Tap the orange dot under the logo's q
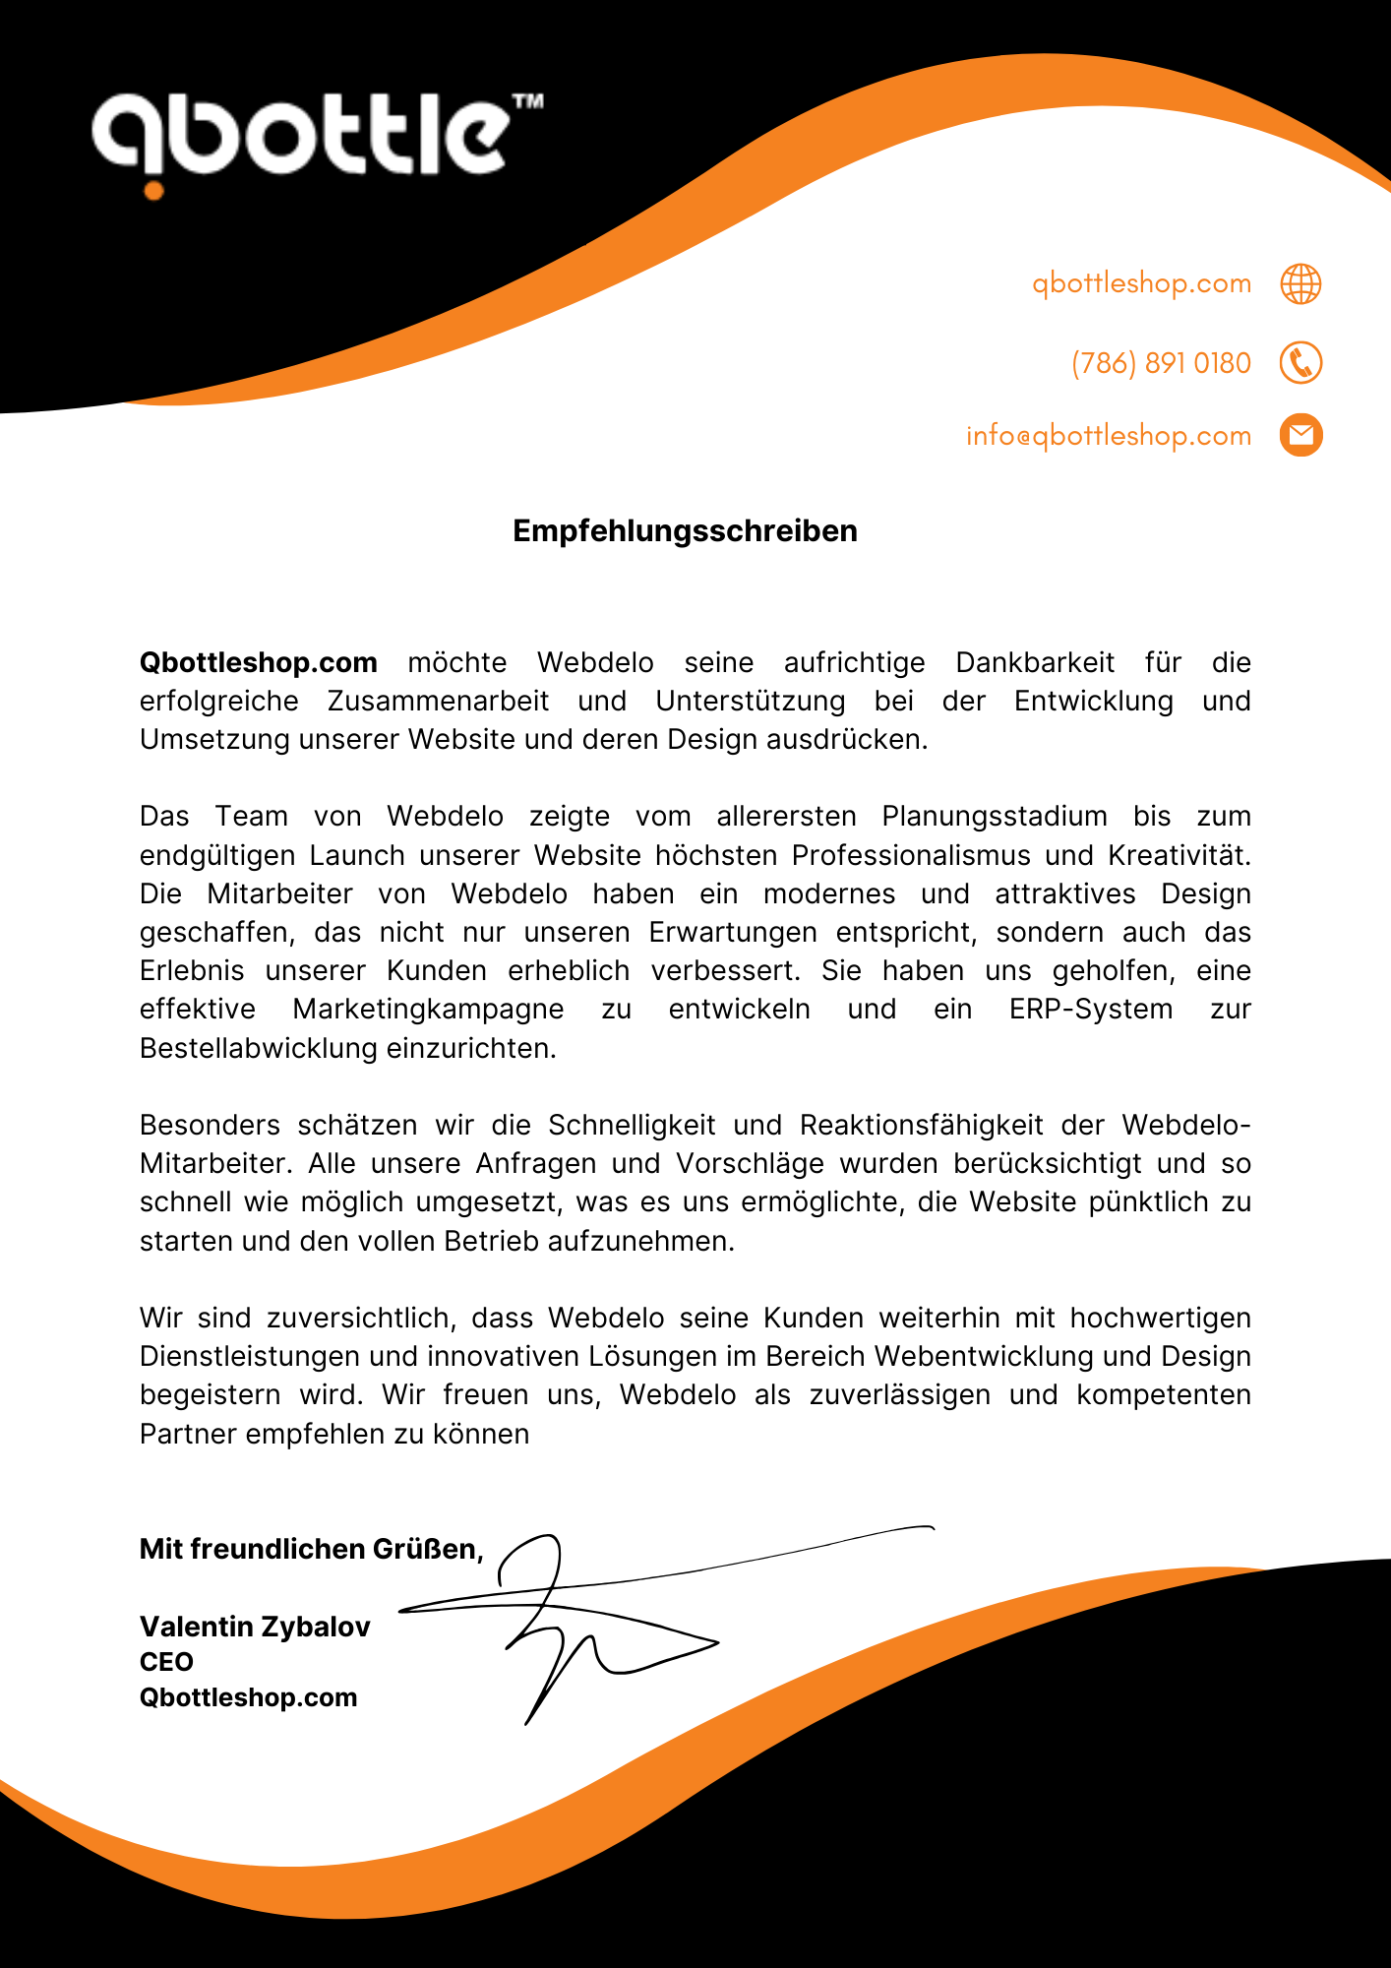tap(153, 190)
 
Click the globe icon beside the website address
tap(1300, 283)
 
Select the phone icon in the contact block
tap(1300, 363)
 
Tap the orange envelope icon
tap(1300, 435)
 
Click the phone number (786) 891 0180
tap(1161, 363)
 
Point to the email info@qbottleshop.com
tap(1109, 435)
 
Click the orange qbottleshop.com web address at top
tap(1141, 283)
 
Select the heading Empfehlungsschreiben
tap(685, 531)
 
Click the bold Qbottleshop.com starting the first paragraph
tap(259, 662)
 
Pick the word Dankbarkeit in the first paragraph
tap(1035, 662)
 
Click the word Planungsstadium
tap(994, 817)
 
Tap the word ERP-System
tap(1090, 1010)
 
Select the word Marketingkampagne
tap(428, 1010)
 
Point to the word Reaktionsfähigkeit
tap(921, 1125)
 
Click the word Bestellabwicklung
tap(258, 1048)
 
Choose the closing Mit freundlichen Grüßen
tap(311, 1549)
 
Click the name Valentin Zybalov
tap(255, 1627)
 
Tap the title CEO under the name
tap(166, 1662)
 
